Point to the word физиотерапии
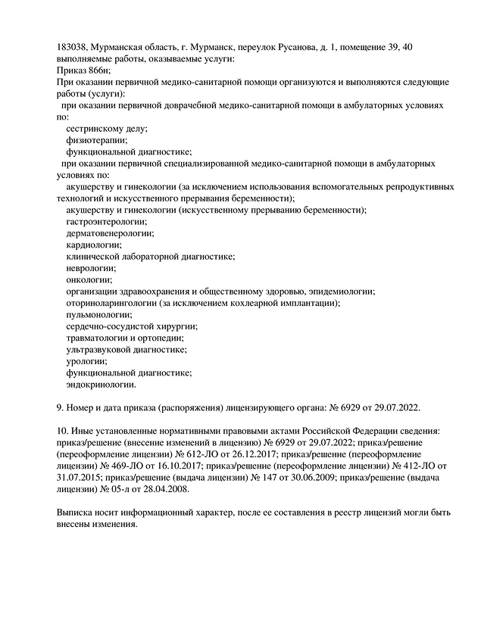97,140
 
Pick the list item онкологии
89,279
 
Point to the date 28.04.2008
166,489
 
